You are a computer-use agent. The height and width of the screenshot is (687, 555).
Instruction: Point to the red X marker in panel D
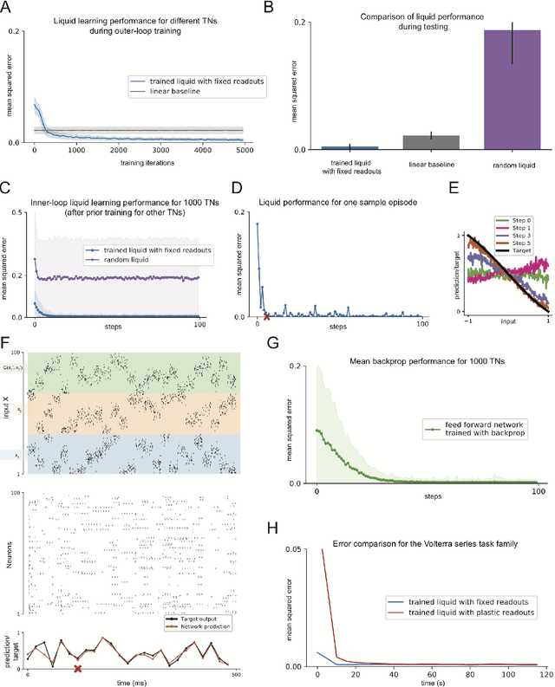pyautogui.click(x=266, y=315)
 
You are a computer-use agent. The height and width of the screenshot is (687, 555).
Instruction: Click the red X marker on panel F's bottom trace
pyautogui.click(x=77, y=669)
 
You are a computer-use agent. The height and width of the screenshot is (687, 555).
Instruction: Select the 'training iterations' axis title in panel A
pyautogui.click(x=139, y=160)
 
